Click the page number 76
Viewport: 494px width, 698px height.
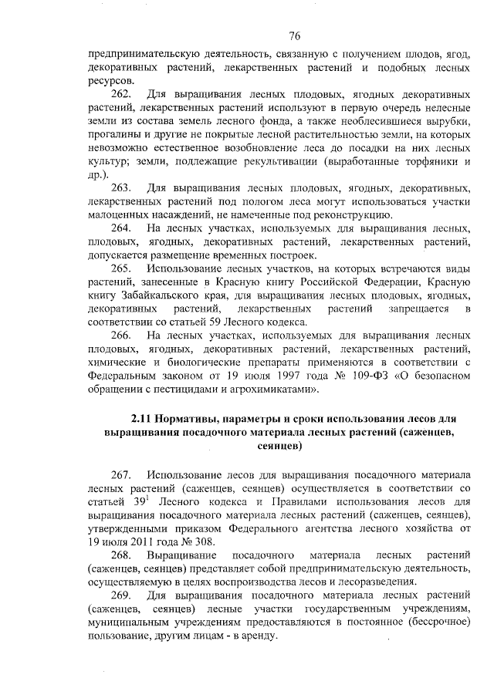294,36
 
